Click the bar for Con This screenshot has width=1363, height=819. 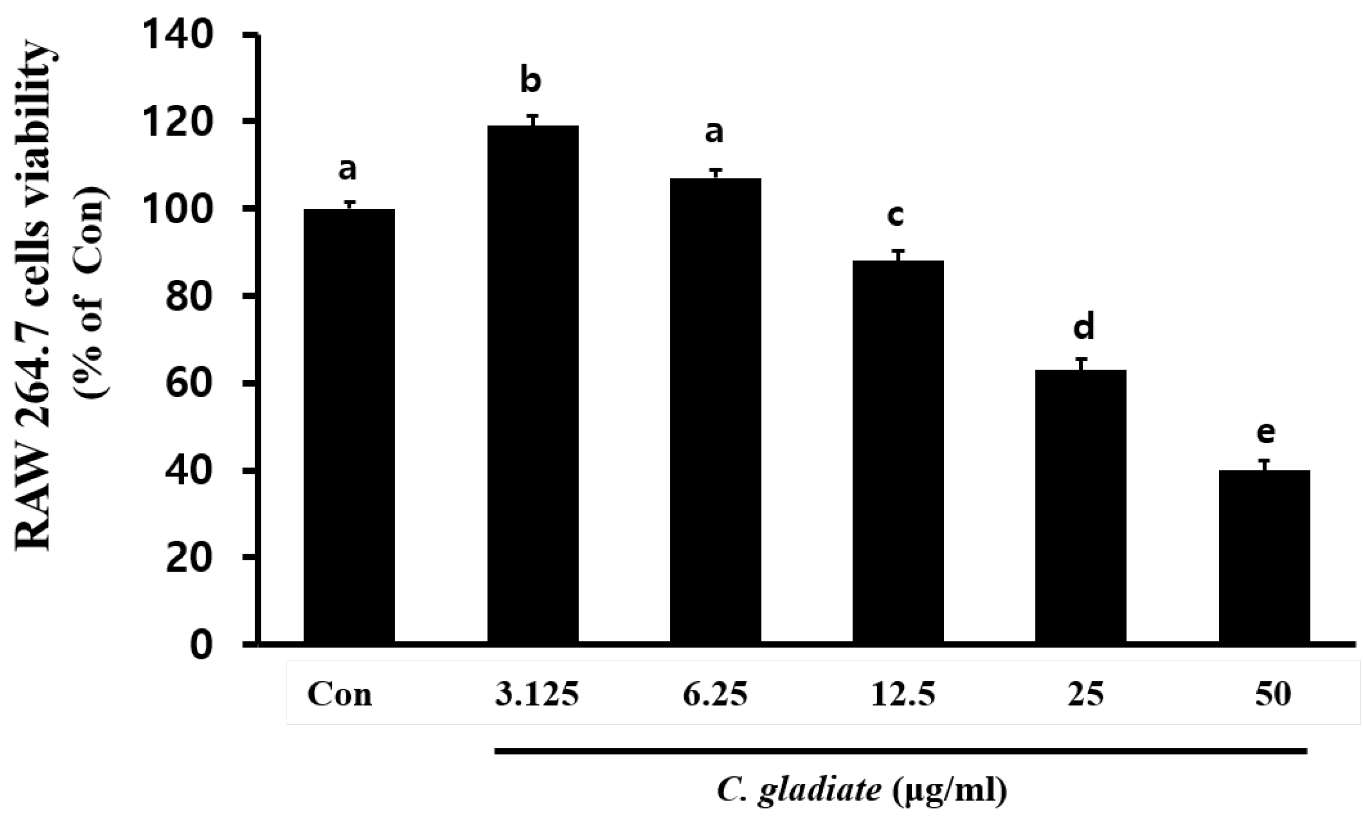tap(349, 425)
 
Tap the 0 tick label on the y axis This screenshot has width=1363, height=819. tap(201, 644)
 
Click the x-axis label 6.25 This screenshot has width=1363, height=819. tap(715, 695)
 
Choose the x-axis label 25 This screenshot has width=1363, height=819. tap(1086, 695)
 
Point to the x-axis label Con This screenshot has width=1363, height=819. tap(339, 695)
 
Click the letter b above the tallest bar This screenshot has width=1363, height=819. tap(531, 80)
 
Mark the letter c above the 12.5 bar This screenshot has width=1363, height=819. tap(895, 215)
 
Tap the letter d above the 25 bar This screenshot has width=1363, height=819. tap(1083, 327)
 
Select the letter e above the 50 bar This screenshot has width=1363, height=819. tap(1266, 433)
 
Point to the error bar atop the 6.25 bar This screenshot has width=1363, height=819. tap(716, 173)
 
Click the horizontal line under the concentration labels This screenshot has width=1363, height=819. tap(900, 751)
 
